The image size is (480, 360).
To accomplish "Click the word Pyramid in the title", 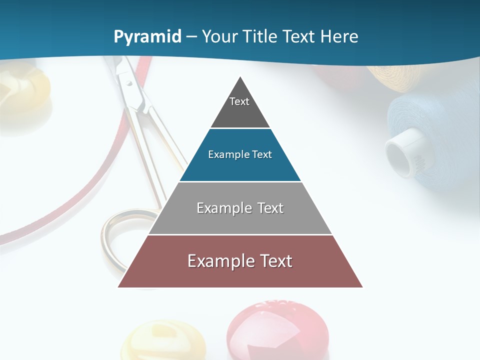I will (x=147, y=37).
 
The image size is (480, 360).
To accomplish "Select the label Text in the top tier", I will (x=239, y=101).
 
